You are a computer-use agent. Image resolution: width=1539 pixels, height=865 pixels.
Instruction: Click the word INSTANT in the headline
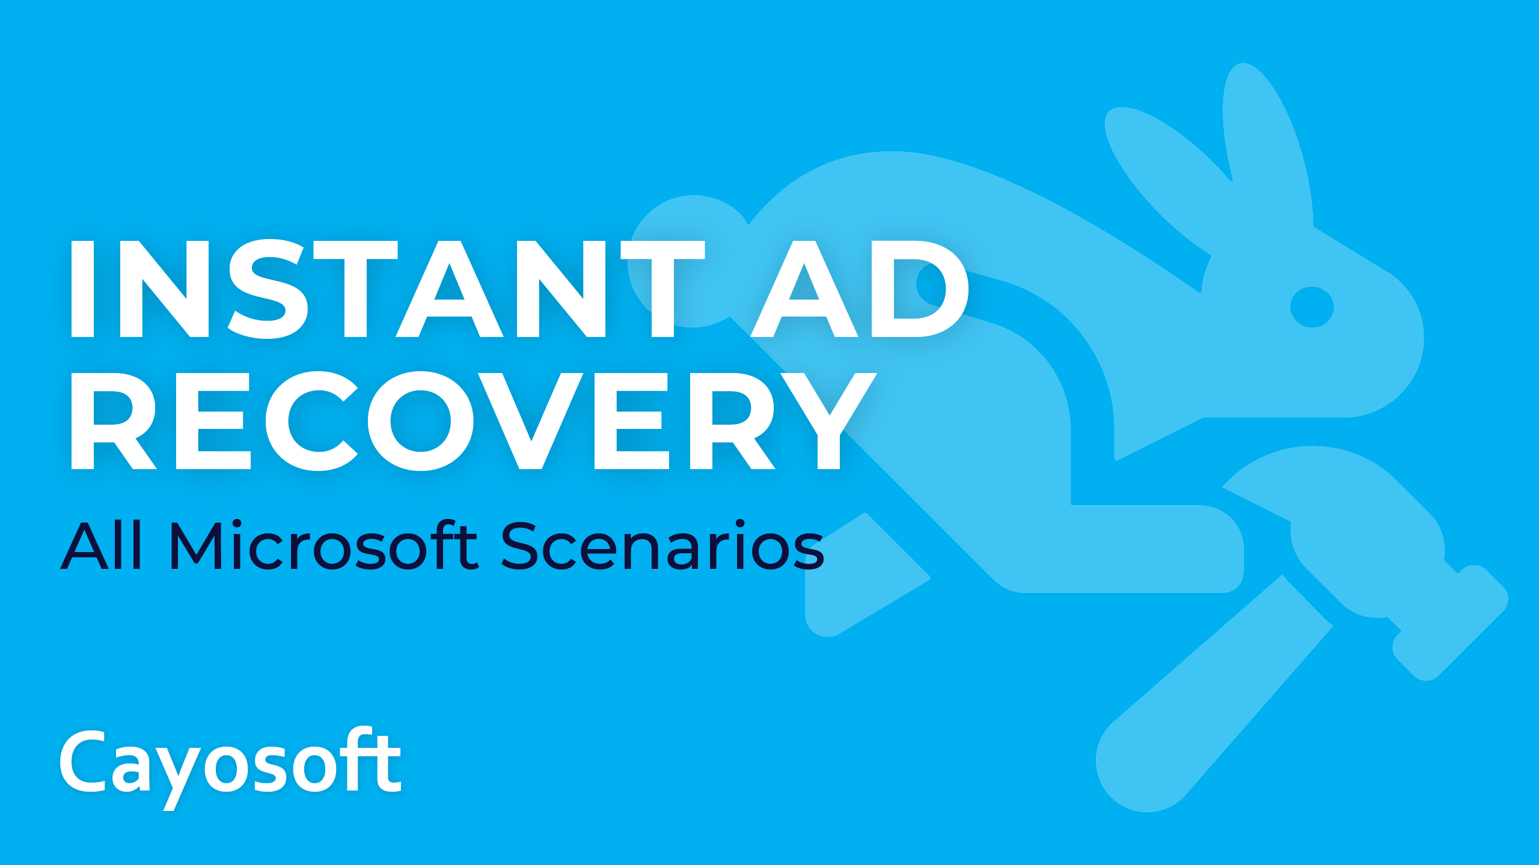click(x=388, y=289)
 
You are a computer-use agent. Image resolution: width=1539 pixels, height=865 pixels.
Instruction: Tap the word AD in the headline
click(x=860, y=289)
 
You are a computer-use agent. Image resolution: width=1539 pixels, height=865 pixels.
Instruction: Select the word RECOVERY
click(x=474, y=420)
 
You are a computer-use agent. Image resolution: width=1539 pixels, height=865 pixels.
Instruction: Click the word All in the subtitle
click(x=101, y=545)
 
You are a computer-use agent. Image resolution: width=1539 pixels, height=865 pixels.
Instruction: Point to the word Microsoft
click(x=325, y=545)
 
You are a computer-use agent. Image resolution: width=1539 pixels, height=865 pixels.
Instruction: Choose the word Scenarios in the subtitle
click(x=662, y=545)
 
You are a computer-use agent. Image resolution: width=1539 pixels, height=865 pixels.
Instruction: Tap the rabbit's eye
click(x=1312, y=307)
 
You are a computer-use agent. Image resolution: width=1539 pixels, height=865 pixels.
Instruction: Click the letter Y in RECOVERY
click(x=830, y=420)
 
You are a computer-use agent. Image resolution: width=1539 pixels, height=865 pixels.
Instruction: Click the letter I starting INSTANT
click(x=82, y=289)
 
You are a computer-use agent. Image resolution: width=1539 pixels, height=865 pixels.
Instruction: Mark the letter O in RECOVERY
click(x=420, y=420)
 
